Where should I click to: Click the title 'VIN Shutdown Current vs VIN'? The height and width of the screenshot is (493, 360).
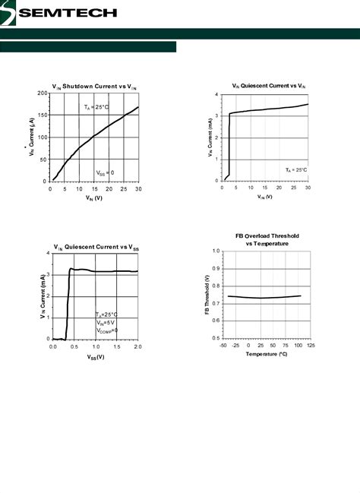tap(94, 86)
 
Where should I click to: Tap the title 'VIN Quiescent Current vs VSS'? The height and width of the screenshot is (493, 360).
tap(94, 246)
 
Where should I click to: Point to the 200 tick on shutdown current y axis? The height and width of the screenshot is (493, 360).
tap(43, 93)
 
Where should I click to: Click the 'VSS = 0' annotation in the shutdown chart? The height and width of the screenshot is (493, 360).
tap(105, 172)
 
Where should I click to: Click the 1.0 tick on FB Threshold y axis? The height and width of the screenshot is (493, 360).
tap(216, 251)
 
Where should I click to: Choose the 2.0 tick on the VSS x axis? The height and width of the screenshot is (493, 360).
tap(137, 346)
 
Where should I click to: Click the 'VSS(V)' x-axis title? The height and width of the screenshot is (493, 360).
tap(94, 356)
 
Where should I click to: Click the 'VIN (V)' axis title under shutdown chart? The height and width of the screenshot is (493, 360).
tap(94, 198)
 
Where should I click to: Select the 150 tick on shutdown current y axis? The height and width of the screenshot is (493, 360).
tap(43, 115)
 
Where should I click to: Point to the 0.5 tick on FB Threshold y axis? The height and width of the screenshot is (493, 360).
tap(216, 339)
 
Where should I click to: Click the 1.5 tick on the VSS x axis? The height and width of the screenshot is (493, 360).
tap(116, 346)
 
